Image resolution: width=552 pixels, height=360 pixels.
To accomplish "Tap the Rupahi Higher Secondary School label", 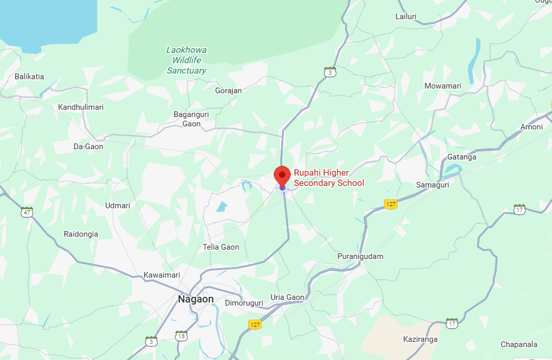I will point(329,178).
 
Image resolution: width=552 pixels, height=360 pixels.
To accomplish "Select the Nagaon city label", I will point(195,299).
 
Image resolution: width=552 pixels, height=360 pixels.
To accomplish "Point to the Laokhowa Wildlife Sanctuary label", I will point(186,60).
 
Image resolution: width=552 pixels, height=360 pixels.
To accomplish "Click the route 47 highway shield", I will point(27,212).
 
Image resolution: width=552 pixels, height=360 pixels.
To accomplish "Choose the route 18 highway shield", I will point(181,336).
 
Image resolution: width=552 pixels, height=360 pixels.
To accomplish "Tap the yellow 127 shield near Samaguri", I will point(391,204).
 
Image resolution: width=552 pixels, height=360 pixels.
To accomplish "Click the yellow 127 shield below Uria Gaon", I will point(254,324).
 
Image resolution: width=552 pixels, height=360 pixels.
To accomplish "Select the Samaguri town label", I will point(432,184).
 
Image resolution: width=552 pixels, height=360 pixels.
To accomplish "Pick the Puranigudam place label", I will point(360,256).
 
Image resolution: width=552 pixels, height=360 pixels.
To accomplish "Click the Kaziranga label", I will point(420,339).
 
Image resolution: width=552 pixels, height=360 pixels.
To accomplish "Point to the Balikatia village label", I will point(29,76).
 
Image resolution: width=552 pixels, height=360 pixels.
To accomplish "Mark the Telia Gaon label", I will point(221,247).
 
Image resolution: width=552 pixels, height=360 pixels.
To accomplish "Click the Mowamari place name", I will point(442,86).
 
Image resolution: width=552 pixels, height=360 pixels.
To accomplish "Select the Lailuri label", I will point(406,17).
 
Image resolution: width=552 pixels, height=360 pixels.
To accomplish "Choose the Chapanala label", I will point(519,344).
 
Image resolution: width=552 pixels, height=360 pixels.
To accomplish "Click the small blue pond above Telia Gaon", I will point(222,206).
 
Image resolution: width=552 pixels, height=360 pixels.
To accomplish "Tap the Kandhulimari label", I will point(81,107).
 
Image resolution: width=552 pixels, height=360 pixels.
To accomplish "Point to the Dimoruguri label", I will point(244,303).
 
